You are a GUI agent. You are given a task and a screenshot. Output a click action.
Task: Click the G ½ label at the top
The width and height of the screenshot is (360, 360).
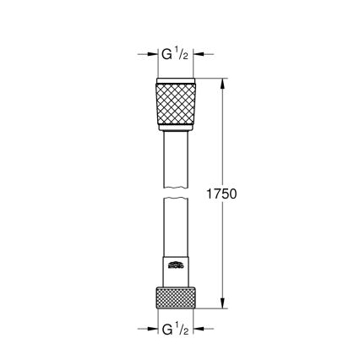pos(176,55)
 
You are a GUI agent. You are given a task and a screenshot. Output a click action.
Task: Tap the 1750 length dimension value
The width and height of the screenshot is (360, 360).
pos(222,194)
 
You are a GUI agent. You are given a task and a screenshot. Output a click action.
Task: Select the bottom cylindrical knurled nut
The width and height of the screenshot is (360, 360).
pos(176,297)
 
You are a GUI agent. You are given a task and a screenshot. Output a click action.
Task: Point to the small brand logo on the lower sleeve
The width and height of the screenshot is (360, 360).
pos(176,265)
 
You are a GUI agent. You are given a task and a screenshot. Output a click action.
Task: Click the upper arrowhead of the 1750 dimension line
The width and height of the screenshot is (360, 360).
pos(222,83)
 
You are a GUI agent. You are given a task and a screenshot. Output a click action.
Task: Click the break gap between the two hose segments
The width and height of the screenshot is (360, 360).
pos(176,192)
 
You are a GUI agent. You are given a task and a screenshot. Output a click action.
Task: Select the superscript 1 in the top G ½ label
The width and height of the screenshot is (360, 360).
pos(179,52)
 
